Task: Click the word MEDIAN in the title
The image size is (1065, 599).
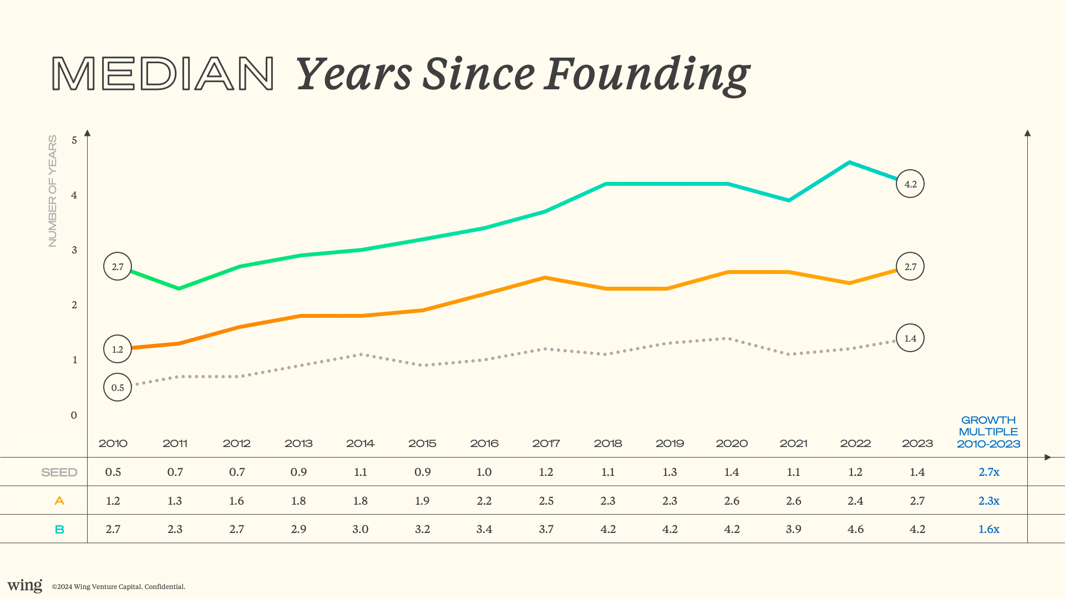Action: [x=163, y=73]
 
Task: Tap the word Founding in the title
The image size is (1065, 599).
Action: [x=647, y=75]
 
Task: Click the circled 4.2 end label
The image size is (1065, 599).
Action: [x=910, y=184]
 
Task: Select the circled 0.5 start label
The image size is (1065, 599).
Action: [x=118, y=387]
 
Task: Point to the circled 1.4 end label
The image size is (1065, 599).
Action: [x=910, y=338]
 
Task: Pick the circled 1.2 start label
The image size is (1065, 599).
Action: [x=118, y=349]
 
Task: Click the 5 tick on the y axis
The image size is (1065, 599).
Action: [x=74, y=140]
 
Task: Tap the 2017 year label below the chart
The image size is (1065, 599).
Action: [x=546, y=443]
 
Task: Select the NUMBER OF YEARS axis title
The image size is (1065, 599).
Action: [x=53, y=191]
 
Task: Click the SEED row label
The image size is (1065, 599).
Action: [x=59, y=473]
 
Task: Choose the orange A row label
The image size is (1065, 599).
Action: [x=59, y=501]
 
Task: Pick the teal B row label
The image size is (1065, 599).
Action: [x=59, y=530]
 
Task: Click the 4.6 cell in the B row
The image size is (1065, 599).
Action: [x=855, y=529]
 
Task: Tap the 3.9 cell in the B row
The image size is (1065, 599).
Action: [x=793, y=529]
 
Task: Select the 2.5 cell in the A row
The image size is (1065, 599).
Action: [x=546, y=501]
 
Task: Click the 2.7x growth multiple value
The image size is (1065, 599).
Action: [x=988, y=472]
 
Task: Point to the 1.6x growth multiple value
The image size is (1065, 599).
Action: [x=988, y=529]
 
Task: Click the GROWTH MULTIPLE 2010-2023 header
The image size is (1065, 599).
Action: [x=988, y=432]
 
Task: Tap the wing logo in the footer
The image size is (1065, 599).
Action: [x=25, y=586]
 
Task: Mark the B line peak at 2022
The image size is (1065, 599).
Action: [x=849, y=163]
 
